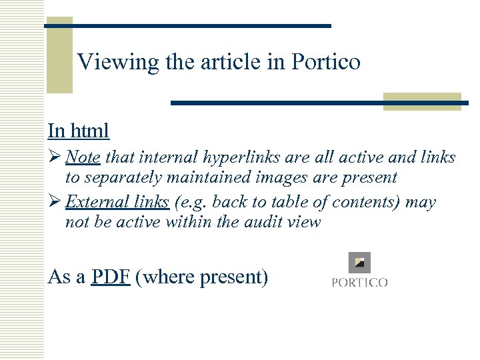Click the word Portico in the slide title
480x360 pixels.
coord(326,62)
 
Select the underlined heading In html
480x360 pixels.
coord(78,130)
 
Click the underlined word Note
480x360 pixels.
coord(83,157)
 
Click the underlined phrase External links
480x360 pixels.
coord(117,202)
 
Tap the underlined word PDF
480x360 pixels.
coord(111,276)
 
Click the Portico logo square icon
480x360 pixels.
coord(360,262)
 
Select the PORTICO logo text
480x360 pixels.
coord(360,283)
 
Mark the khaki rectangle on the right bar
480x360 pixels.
coord(422,101)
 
